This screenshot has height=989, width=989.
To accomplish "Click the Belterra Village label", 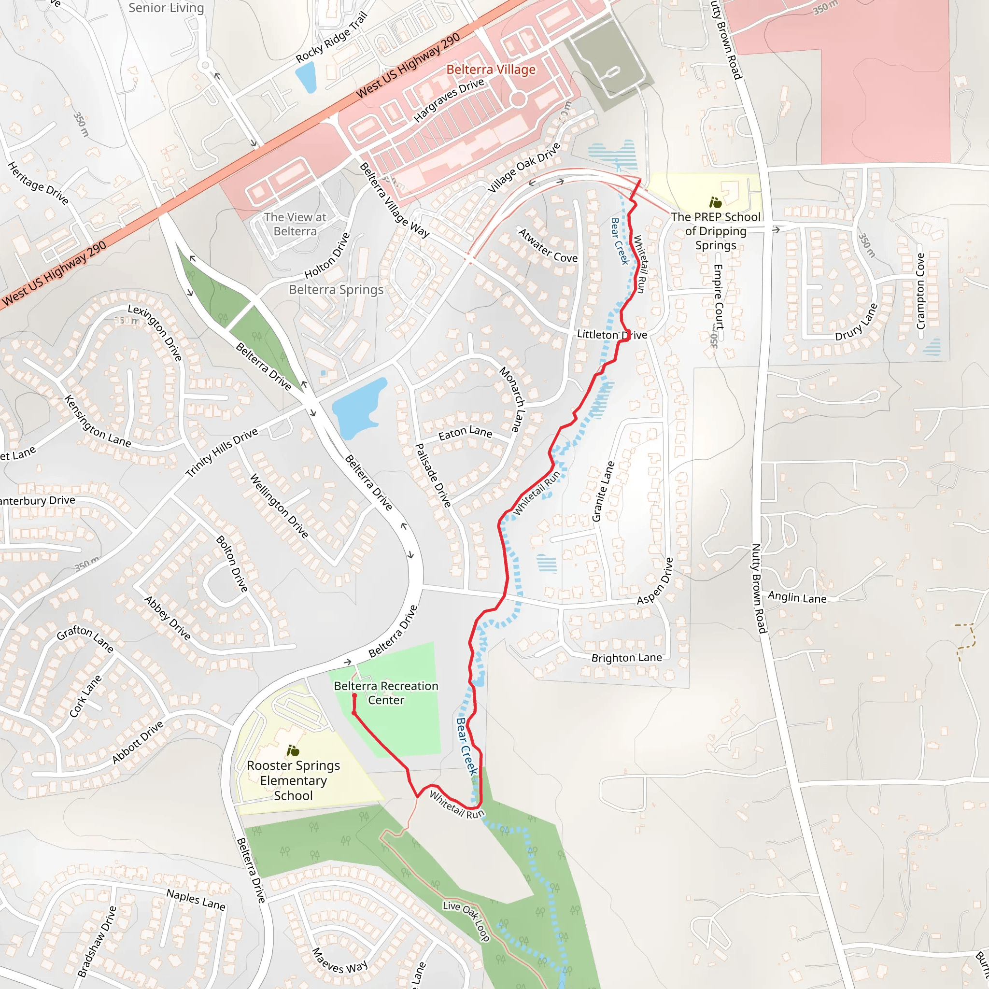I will [491, 70].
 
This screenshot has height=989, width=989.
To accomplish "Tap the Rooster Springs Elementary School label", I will [293, 780].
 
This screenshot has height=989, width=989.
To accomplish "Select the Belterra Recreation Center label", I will [386, 692].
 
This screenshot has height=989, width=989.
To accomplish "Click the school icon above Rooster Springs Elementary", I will [293, 751].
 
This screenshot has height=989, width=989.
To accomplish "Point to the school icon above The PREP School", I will [715, 203].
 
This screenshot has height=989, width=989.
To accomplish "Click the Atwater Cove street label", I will [547, 246].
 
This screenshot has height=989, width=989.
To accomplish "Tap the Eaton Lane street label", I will [465, 433].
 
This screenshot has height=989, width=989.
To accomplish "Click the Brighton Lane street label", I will [626, 658].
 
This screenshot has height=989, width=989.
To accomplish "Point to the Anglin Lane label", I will [796, 597].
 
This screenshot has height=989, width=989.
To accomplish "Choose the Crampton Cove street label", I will [920, 291].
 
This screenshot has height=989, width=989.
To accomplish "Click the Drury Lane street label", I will [856, 322].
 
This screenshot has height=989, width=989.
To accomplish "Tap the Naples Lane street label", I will [196, 899].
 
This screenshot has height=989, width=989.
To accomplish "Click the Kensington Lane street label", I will [97, 421].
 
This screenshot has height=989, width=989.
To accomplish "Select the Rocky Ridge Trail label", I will [332, 37].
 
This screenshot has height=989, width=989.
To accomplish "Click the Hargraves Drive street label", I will [449, 100].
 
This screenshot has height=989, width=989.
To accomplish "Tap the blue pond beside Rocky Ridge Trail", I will [306, 77].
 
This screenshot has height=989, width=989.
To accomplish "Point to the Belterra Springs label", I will [336, 290].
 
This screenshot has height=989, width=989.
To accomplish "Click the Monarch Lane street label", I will [513, 399].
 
